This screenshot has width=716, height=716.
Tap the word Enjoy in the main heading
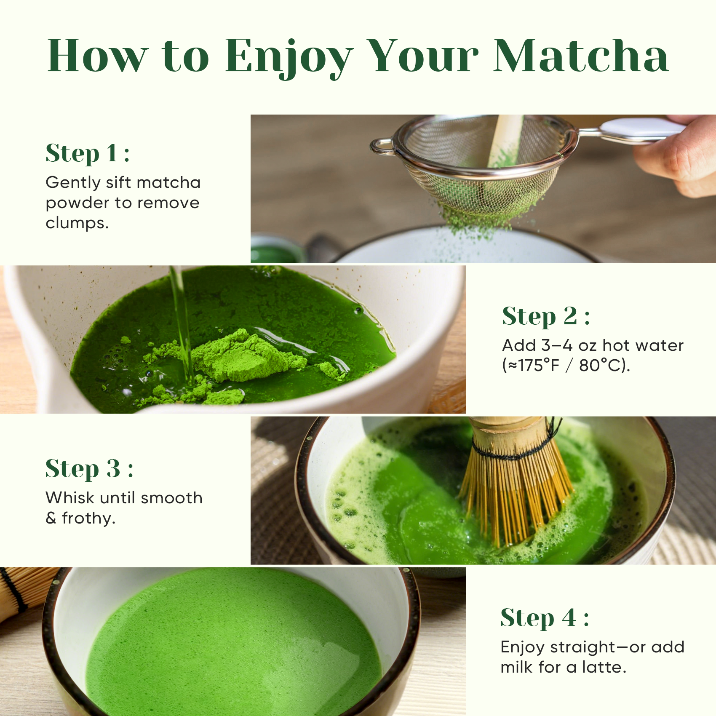click(x=289, y=57)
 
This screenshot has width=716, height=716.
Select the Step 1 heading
click(x=87, y=153)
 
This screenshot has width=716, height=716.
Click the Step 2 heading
click(x=545, y=316)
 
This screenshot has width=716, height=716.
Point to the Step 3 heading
click(x=89, y=468)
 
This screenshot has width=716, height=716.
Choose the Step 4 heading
click(x=544, y=618)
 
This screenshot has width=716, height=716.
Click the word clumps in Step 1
click(x=77, y=223)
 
